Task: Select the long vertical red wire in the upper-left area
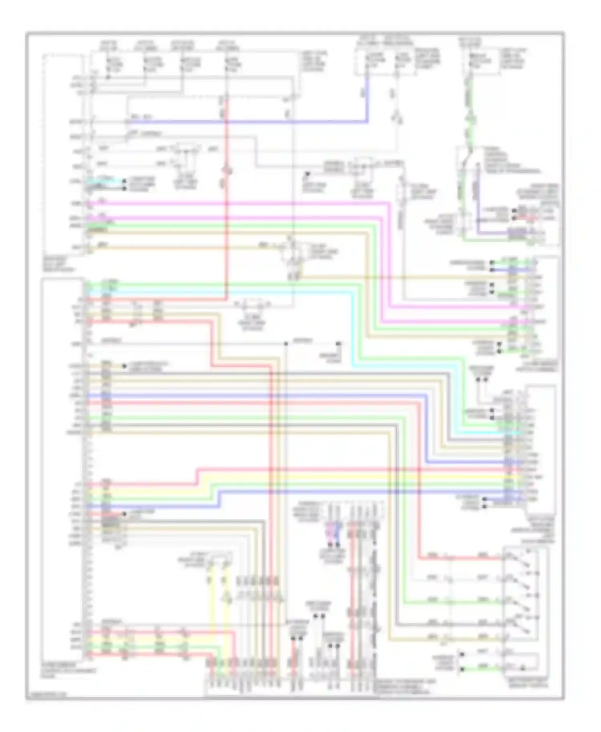click(x=227, y=200)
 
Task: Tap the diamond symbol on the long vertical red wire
click(x=227, y=171)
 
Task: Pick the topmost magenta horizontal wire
click(x=240, y=203)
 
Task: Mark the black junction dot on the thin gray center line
click(x=286, y=344)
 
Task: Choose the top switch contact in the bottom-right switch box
click(x=521, y=557)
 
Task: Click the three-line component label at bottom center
click(x=405, y=684)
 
